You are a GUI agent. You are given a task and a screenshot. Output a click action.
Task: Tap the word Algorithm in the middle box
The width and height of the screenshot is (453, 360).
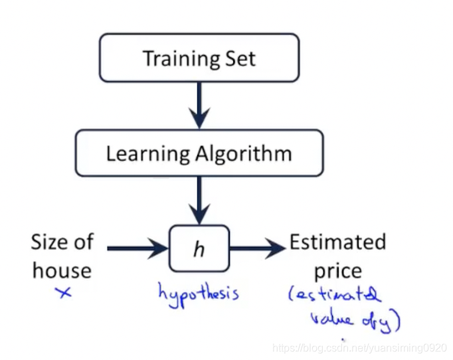coord(242,153)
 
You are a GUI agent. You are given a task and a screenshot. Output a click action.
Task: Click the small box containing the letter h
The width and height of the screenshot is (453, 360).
coord(199,249)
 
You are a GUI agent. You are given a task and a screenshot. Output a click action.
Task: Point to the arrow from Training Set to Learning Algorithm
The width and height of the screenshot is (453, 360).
coord(199,103)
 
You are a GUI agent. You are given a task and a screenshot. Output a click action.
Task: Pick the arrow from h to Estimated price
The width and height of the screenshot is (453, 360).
coord(256,249)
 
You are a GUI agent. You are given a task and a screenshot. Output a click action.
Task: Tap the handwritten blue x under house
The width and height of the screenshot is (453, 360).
coord(63,292)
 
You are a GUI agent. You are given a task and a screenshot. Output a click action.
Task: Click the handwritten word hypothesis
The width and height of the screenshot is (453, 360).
coord(198,292)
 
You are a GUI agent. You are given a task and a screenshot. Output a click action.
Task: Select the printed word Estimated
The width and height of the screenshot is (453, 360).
coord(337,242)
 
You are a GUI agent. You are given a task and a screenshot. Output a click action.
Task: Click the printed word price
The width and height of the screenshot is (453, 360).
coord(338,271)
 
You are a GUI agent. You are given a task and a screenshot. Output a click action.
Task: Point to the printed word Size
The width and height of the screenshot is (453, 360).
coord(50,242)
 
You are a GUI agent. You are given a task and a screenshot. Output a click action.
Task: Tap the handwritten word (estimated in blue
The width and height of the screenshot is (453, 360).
coord(335,297)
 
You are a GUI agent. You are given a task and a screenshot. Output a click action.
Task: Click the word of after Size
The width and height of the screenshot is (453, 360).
coord(84,242)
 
